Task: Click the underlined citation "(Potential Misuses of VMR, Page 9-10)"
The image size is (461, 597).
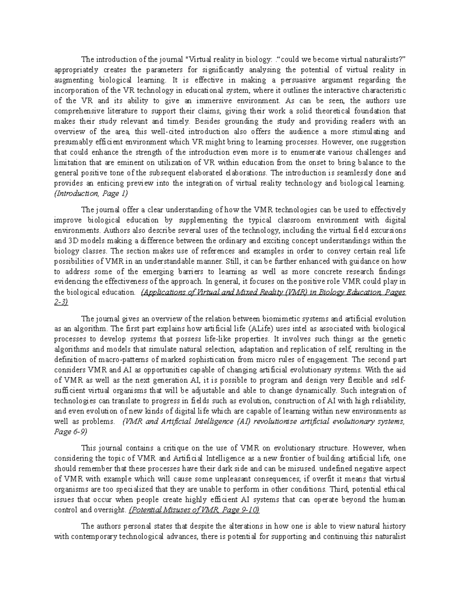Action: coord(194,510)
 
